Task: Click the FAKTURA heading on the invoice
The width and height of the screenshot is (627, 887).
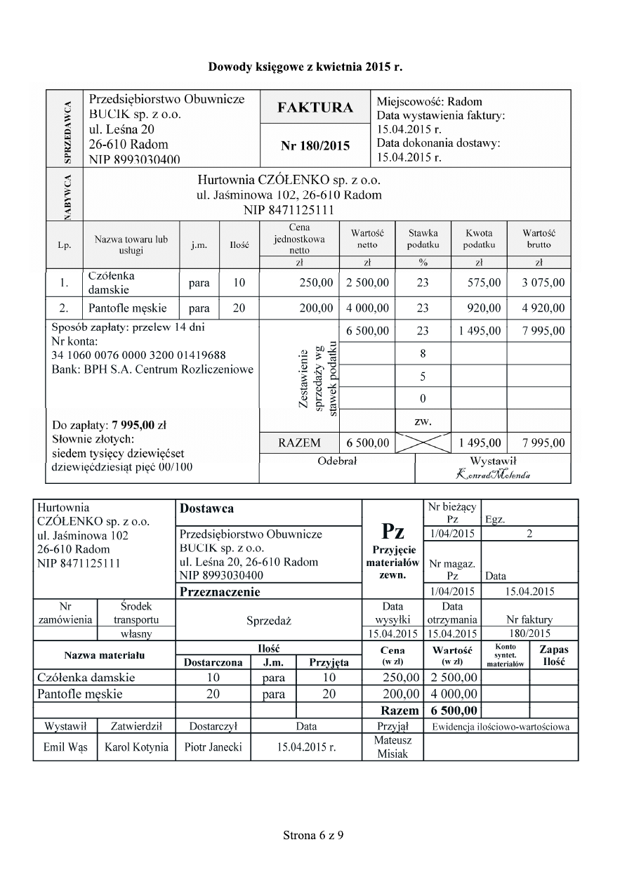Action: pyautogui.click(x=315, y=107)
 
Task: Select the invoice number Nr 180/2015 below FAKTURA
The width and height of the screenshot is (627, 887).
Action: pyautogui.click(x=315, y=146)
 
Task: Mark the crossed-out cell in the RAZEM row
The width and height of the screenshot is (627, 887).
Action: pyautogui.click(x=423, y=443)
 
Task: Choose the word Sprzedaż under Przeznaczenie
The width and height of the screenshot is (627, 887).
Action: pyautogui.click(x=268, y=621)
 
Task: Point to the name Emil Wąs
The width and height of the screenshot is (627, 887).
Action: pyautogui.click(x=64, y=747)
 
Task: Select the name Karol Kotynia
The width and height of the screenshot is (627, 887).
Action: pyautogui.click(x=136, y=747)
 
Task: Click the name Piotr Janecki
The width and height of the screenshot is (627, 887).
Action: pyautogui.click(x=213, y=747)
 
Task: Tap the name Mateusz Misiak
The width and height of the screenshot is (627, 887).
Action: pyautogui.click(x=392, y=747)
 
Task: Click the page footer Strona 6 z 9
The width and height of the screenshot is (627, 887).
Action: pyautogui.click(x=313, y=836)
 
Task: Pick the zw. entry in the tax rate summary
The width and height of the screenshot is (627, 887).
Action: pyautogui.click(x=423, y=421)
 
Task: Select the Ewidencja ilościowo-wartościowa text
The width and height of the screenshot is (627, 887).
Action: pyautogui.click(x=501, y=726)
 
